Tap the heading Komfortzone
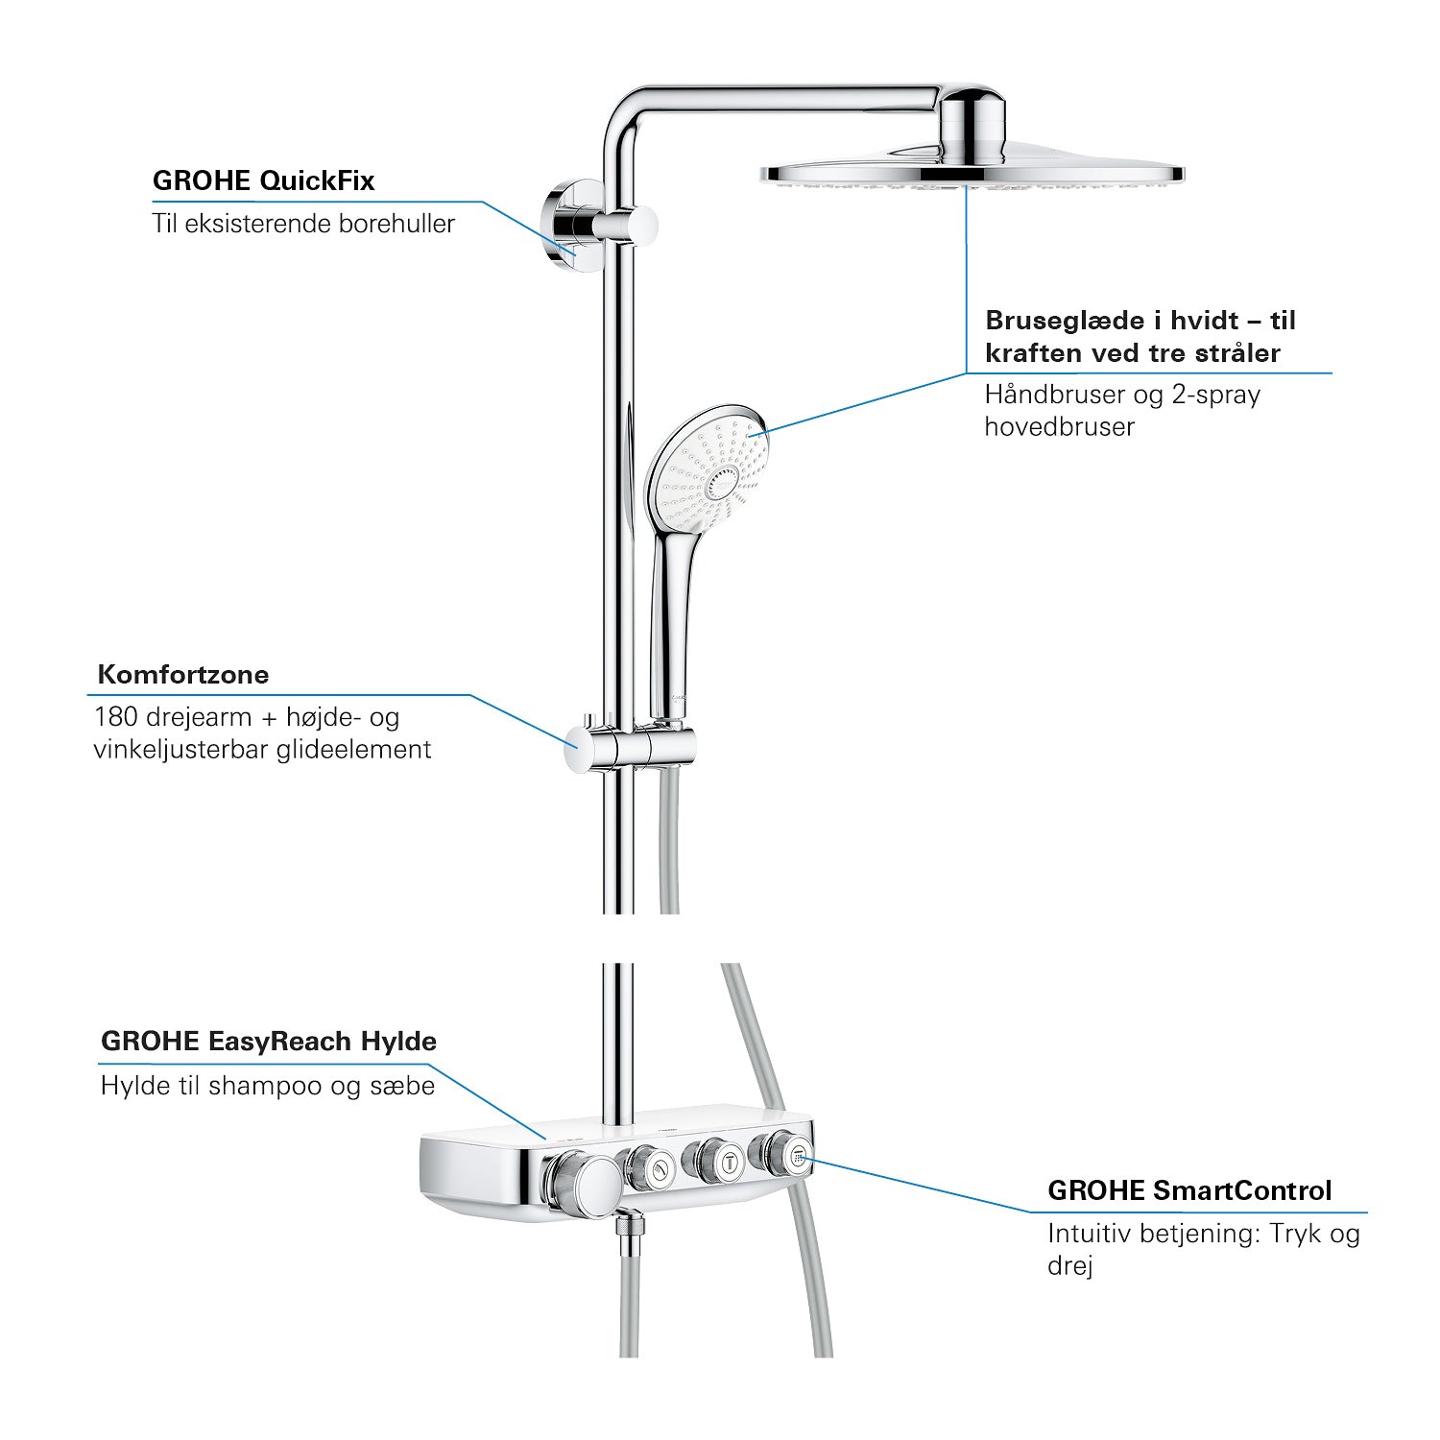point(183,674)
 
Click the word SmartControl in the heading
point(1242,1190)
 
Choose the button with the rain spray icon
point(796,1157)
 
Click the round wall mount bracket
point(563,224)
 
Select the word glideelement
point(353,750)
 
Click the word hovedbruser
point(1060,427)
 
